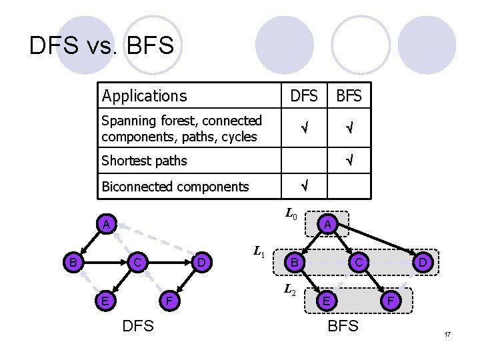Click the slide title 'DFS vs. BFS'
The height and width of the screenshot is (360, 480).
[x=101, y=45]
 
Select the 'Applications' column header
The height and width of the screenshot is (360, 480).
[x=144, y=96]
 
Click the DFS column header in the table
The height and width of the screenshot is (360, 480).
[x=304, y=96]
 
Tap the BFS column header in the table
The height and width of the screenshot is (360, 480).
[x=349, y=96]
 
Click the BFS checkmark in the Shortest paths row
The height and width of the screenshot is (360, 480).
[x=349, y=160]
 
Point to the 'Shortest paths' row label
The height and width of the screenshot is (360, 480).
[x=144, y=161]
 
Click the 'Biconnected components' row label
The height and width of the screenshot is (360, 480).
[x=175, y=187]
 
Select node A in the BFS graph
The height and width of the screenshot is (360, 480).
[x=326, y=225]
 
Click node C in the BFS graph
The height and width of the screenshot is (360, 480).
[x=358, y=263]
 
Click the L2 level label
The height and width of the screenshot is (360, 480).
[x=290, y=290]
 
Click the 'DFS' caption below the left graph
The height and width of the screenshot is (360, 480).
[x=138, y=326]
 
